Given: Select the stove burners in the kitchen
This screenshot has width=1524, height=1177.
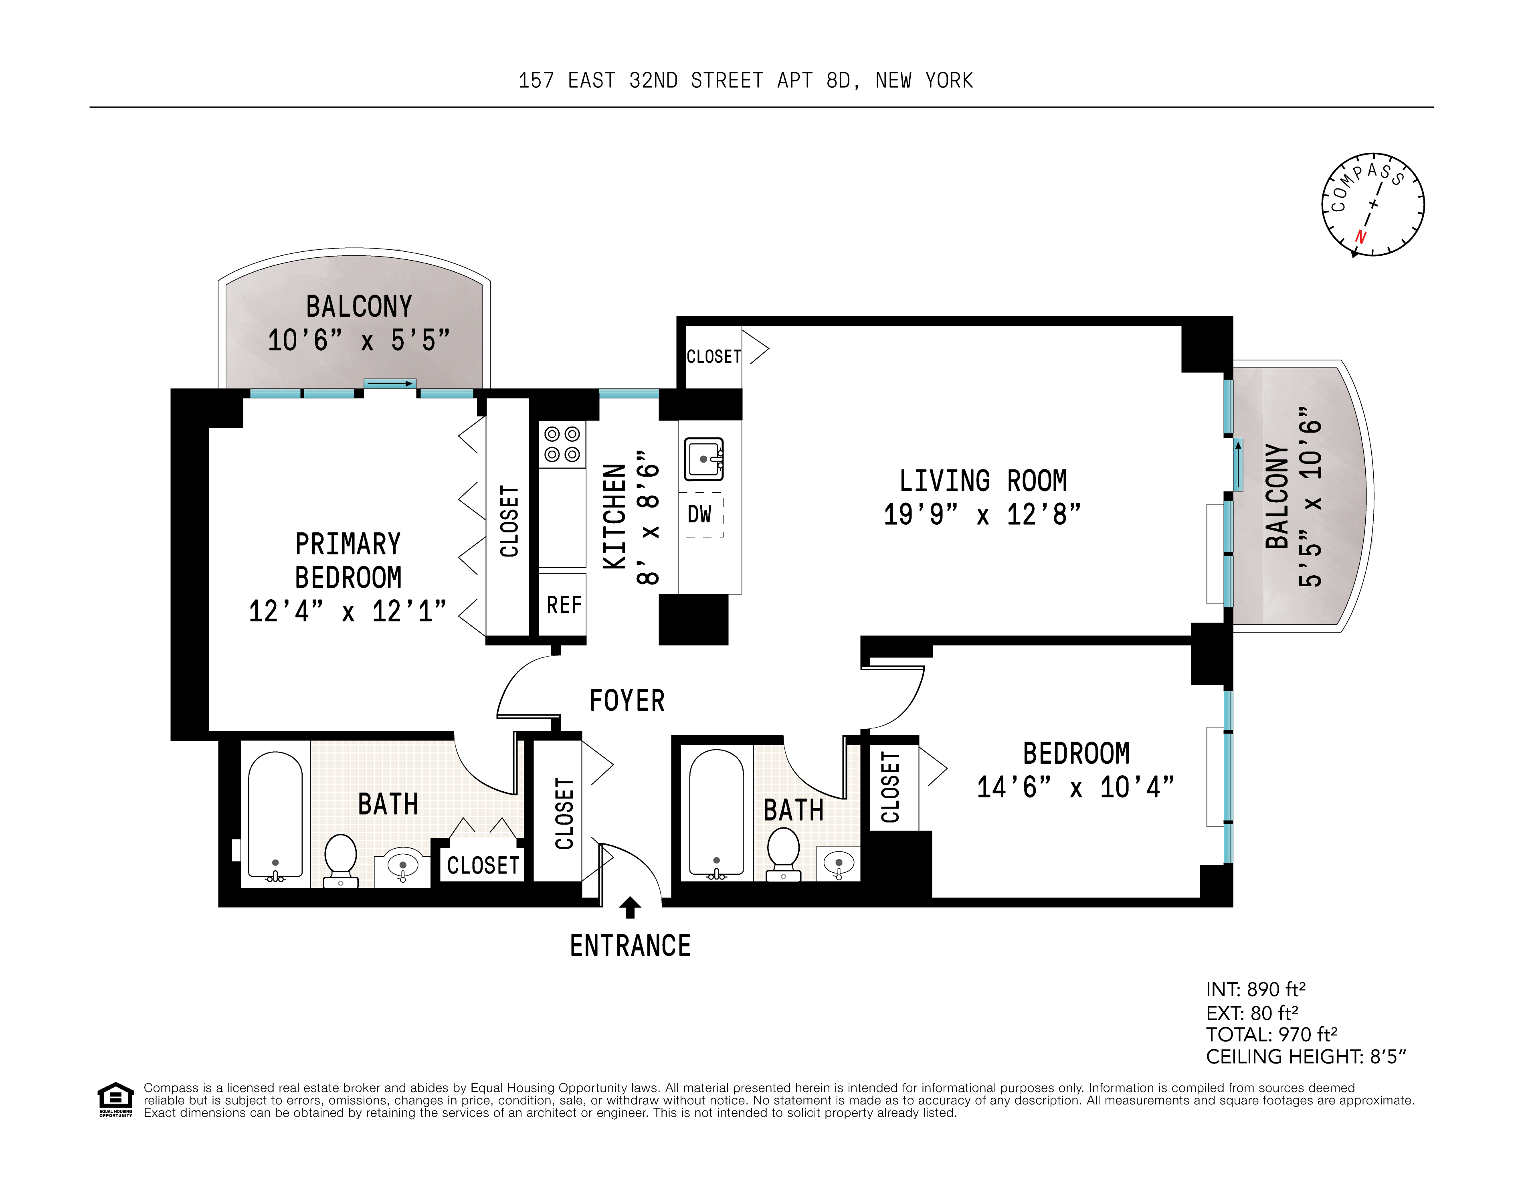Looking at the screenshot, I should (x=562, y=445).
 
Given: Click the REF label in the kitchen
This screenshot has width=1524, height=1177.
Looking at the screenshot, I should (x=564, y=605).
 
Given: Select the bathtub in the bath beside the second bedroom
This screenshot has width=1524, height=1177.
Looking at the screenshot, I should (x=716, y=813).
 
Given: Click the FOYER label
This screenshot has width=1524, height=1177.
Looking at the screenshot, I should (x=627, y=700).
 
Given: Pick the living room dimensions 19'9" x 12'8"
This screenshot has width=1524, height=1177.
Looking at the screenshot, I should (x=982, y=515).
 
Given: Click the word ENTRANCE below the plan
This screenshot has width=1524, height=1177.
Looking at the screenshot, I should (x=630, y=946).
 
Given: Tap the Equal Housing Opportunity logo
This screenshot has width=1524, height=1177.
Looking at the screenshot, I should (x=115, y=1099).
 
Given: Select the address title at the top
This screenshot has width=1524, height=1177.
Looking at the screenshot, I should (x=745, y=81).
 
